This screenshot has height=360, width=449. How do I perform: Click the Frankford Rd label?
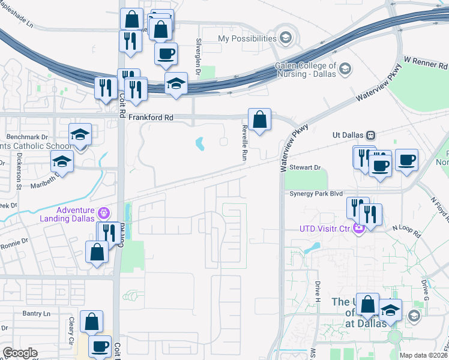click(x=149, y=118)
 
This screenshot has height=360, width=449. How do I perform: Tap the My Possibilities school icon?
click(x=285, y=38)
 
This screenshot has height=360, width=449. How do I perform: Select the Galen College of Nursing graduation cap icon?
click(x=345, y=70)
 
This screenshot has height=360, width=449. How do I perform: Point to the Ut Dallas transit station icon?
click(x=371, y=136)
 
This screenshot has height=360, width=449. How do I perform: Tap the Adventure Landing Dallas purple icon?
click(x=104, y=213)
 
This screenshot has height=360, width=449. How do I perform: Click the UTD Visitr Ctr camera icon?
click(x=359, y=228)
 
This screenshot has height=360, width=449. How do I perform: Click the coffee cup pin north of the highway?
click(x=166, y=53)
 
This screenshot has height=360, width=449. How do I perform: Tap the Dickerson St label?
click(x=19, y=170)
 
